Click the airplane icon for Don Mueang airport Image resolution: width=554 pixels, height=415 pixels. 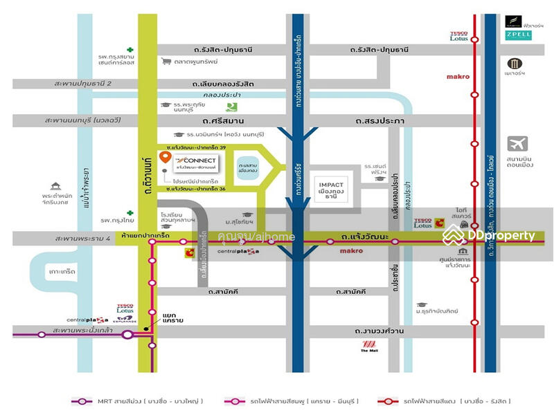(517, 144)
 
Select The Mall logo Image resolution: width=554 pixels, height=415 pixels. (368, 347)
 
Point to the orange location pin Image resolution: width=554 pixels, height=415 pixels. (165, 158)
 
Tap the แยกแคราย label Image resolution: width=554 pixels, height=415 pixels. (173, 317)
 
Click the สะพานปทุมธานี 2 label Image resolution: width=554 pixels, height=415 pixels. (87, 83)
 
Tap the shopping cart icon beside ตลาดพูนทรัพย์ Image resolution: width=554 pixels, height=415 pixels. (166, 62)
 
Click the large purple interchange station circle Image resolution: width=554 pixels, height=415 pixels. (128, 335)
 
